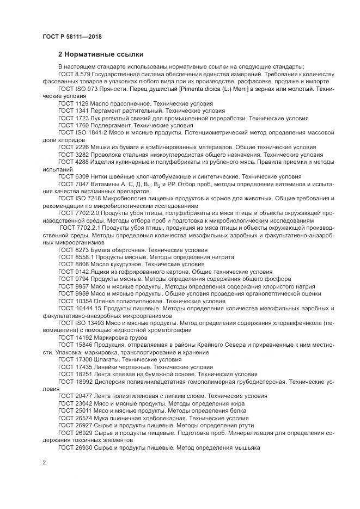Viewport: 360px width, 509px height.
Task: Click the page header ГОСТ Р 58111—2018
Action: [x=72, y=36]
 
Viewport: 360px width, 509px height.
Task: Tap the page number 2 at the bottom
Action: [x=44, y=463]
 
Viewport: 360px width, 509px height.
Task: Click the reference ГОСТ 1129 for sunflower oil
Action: [x=72, y=103]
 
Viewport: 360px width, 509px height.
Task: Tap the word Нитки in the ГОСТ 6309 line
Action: [x=100, y=177]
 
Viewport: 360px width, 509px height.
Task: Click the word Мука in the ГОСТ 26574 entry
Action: [x=99, y=418]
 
